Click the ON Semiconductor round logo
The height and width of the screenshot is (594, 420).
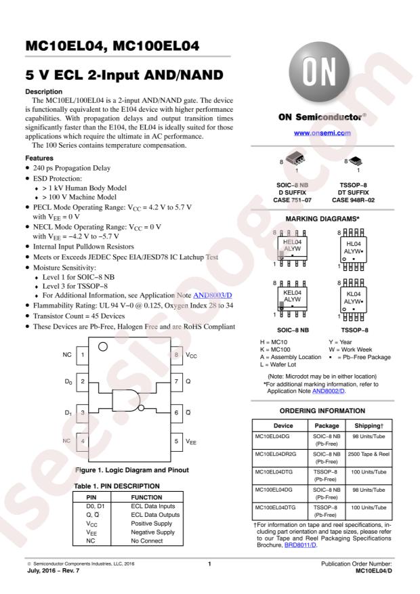pos(319,72)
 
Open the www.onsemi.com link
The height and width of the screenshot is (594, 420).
pos(322,133)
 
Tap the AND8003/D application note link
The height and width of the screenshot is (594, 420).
pos(213,295)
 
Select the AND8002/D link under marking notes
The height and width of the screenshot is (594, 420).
pos(329,391)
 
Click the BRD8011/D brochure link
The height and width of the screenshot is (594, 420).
pos(300,545)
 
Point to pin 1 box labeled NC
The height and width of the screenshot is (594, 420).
pos(83,355)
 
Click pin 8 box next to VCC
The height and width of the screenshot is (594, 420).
pos(176,355)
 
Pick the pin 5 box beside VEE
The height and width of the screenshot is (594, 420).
pos(176,442)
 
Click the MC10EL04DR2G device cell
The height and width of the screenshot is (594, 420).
pos(280,458)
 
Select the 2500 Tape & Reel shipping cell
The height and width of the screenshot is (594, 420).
pos(369,458)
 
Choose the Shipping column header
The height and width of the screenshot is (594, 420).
pos(369,425)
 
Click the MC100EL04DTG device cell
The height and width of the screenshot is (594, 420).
pos(280,511)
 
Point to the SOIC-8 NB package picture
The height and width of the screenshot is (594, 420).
pos(295,158)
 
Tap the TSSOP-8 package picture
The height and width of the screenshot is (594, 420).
pos(355,161)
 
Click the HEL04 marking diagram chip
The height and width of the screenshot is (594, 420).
pos(292,248)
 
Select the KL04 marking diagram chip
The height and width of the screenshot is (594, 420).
pos(353,299)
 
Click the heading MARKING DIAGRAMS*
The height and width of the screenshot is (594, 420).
pos(322,219)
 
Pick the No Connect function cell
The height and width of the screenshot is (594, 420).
pos(146,541)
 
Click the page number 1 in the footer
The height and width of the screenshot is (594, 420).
pos(209,564)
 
